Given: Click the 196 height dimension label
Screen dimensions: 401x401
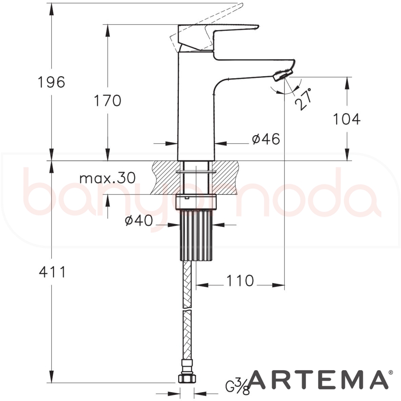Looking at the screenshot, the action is [x=51, y=82].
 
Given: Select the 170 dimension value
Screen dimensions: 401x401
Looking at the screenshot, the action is [x=107, y=100].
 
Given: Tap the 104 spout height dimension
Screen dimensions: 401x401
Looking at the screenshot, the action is [x=347, y=119].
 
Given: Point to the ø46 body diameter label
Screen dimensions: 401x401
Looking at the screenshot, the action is [x=266, y=139].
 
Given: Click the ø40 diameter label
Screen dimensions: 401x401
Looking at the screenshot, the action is [x=139, y=220].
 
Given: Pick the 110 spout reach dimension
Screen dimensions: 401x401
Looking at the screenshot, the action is [x=240, y=281].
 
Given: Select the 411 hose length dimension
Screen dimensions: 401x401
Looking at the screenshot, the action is [x=53, y=272].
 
